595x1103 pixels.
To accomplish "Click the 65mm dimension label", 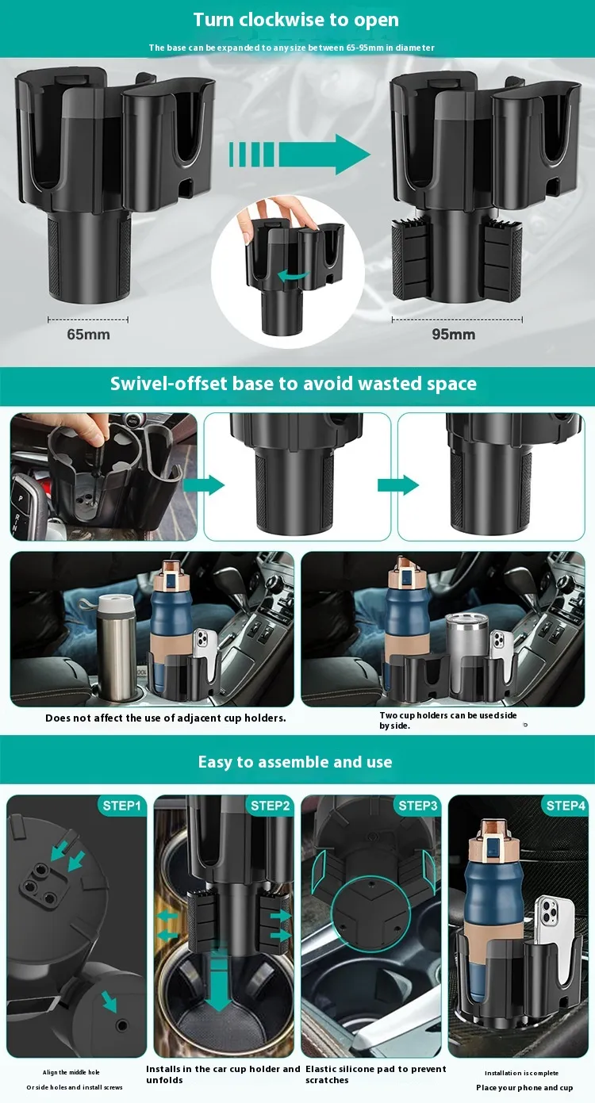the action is [88, 335].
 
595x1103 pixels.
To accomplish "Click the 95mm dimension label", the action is [454, 335].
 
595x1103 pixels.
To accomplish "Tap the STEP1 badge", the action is [121, 806].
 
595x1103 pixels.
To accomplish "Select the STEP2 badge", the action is [270, 806].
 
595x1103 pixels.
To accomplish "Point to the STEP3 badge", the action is [417, 806].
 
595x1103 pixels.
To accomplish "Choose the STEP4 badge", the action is [566, 806].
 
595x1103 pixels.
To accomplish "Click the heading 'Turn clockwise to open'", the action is [296, 20].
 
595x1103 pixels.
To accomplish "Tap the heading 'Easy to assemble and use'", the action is [295, 762].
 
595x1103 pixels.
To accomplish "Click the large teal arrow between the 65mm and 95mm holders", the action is [299, 154].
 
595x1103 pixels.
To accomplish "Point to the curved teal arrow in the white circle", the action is [293, 276].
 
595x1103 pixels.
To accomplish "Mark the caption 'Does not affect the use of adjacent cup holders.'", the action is [166, 718].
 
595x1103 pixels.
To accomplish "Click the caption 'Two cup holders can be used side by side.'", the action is [447, 720].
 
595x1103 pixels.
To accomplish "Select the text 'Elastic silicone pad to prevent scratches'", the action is [376, 1074].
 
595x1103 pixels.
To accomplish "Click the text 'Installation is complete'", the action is [521, 1072].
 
